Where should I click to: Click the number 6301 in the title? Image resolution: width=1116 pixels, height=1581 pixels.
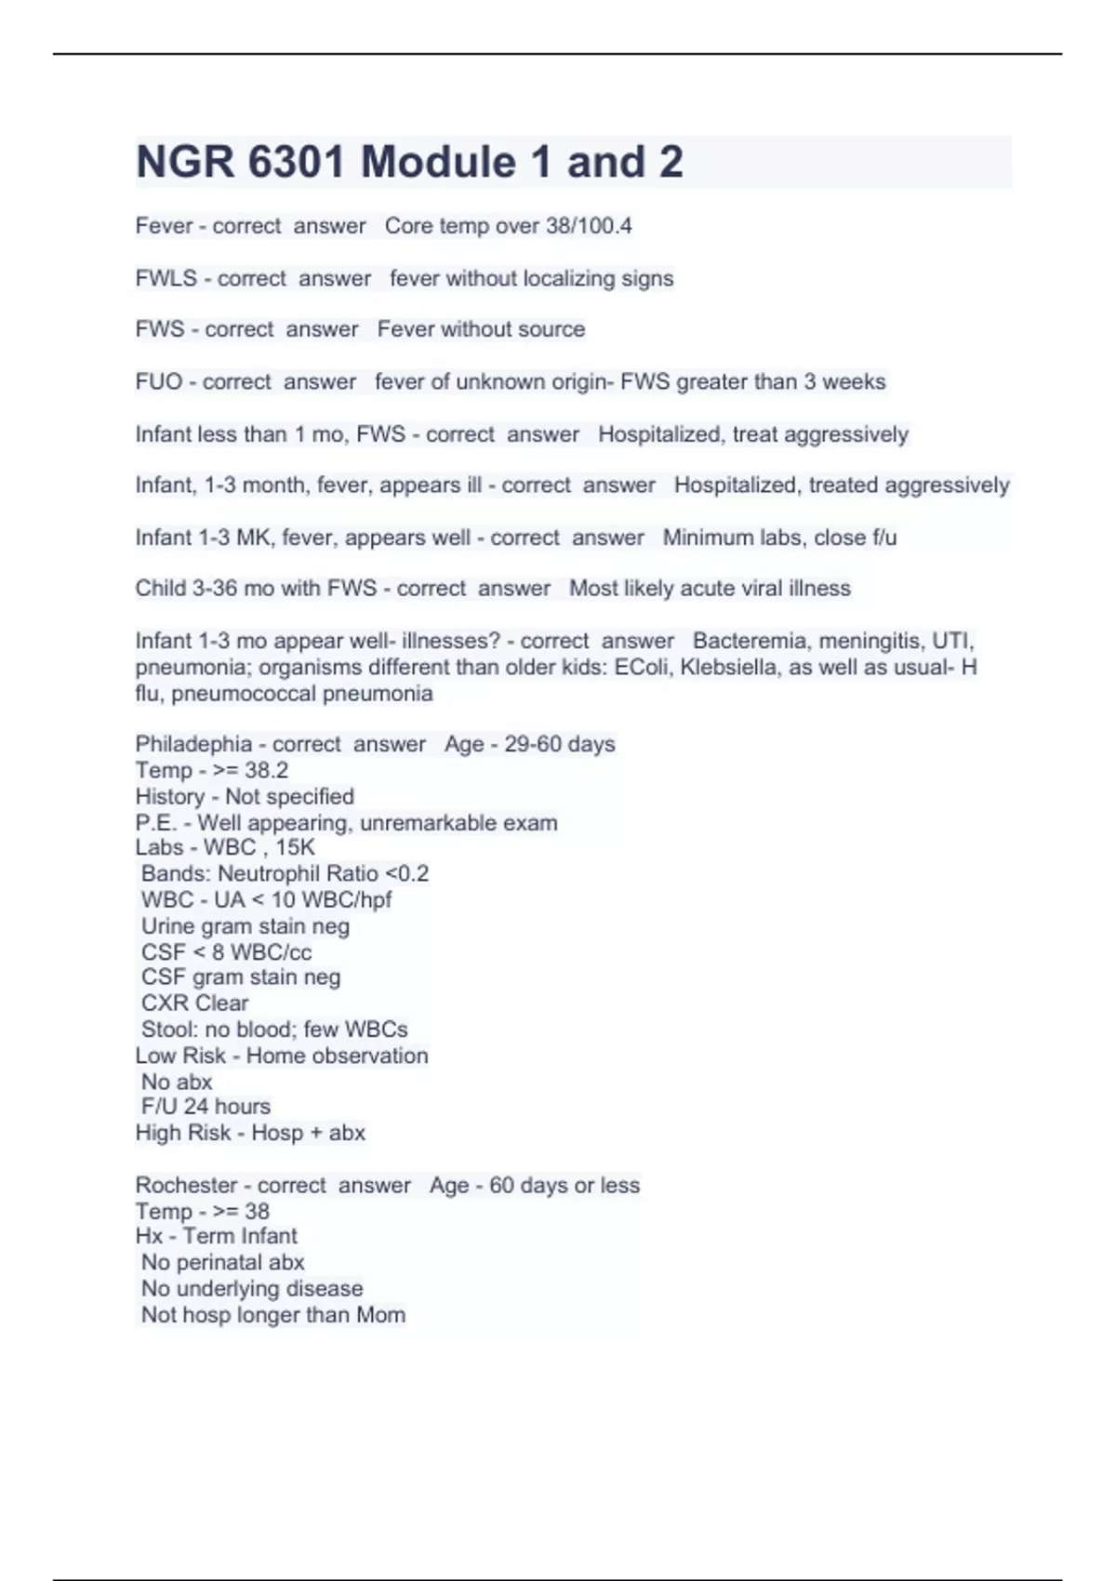click(298, 162)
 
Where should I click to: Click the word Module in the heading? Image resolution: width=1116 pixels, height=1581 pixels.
click(438, 162)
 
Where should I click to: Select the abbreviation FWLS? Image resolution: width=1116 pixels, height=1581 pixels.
click(166, 278)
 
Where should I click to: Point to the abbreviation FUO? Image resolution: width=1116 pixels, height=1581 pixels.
click(158, 381)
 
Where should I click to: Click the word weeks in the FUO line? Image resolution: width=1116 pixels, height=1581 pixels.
click(854, 381)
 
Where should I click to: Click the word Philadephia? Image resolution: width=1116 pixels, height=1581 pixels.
click(193, 744)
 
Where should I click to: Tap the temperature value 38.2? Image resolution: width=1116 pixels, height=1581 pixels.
click(266, 770)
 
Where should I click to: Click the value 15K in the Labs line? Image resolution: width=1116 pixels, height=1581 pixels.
click(295, 847)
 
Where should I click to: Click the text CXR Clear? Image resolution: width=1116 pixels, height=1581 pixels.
click(194, 1003)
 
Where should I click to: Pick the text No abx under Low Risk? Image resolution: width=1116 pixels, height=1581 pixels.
click(177, 1082)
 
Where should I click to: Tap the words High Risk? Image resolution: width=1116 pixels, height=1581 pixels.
click(182, 1133)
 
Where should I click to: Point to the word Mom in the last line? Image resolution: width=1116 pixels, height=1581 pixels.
click(380, 1315)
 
